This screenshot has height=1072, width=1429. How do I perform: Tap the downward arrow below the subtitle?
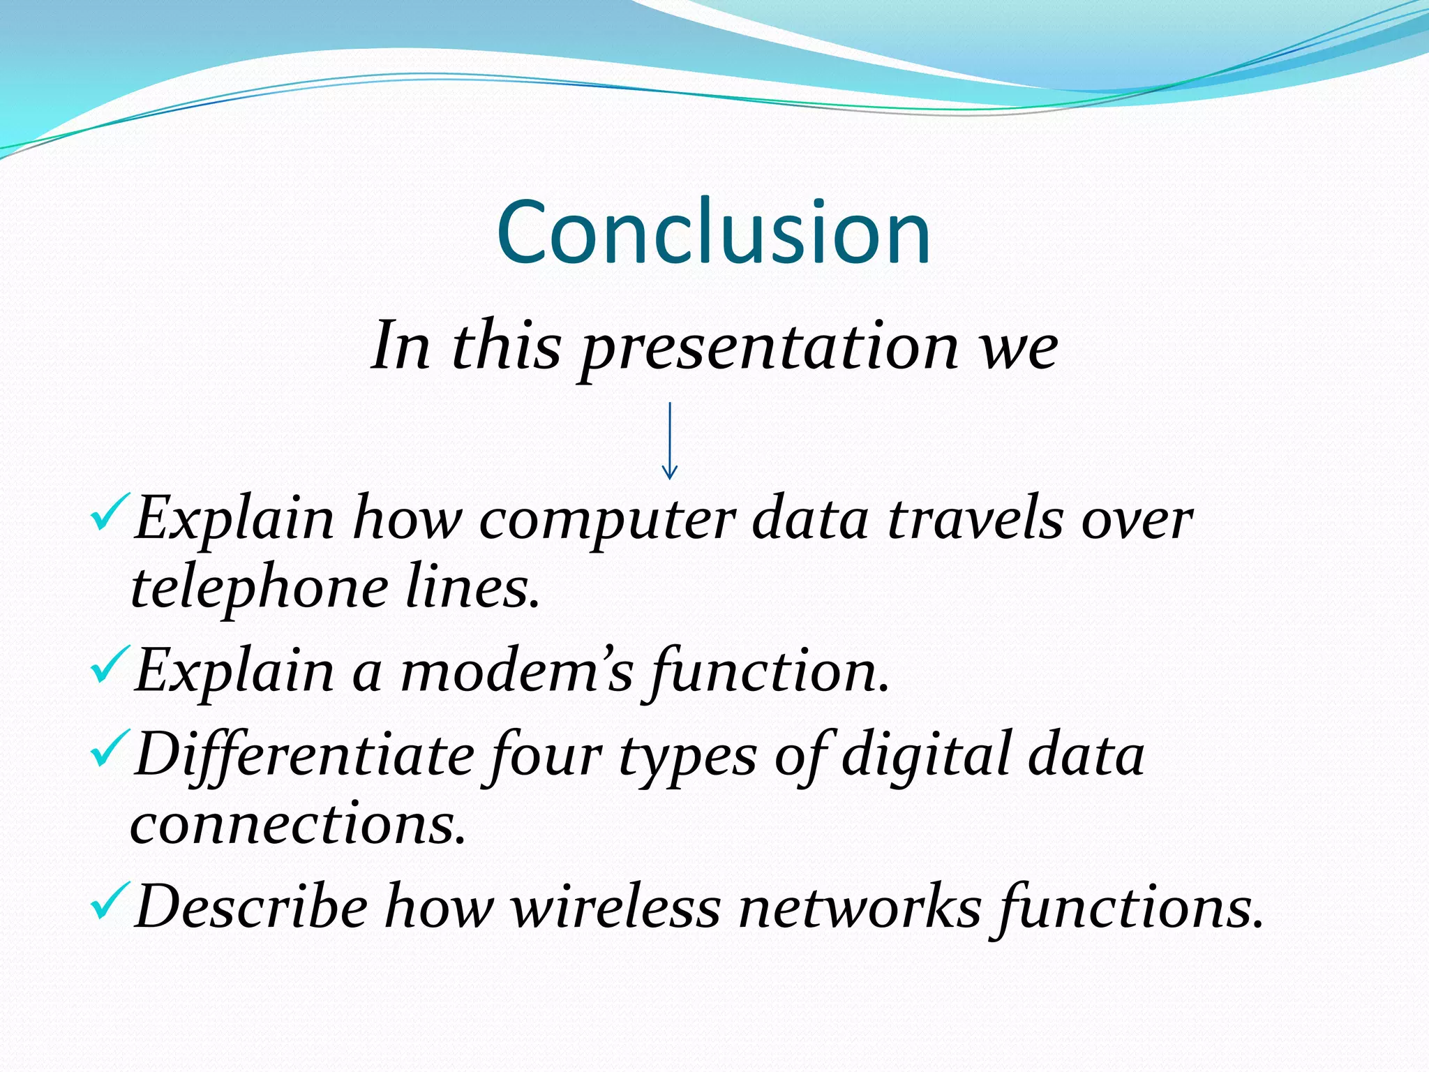[x=669, y=441]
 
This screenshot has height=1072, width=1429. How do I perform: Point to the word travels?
[x=975, y=520]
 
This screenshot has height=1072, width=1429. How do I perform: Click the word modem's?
[x=516, y=671]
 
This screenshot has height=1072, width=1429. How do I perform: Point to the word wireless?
[x=616, y=907]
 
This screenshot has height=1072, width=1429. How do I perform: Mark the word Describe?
[x=251, y=907]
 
